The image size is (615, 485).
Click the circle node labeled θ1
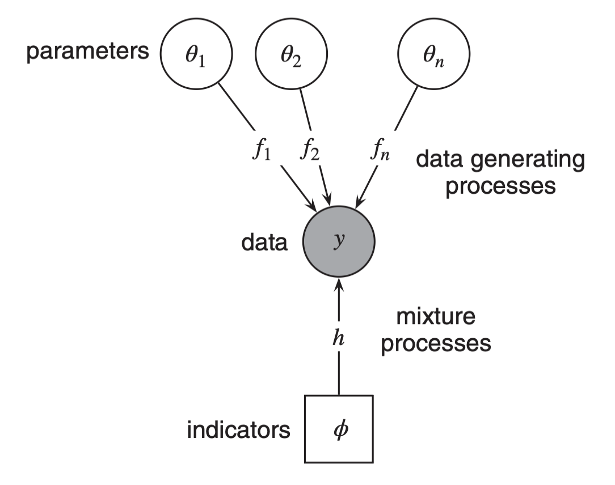tap(197, 57)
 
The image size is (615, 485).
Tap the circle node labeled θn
tap(434, 57)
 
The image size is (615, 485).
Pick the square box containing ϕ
tap(339, 429)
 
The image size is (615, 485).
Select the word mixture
tap(436, 317)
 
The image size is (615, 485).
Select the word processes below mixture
tap(436, 343)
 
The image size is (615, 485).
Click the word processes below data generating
tap(500, 186)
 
